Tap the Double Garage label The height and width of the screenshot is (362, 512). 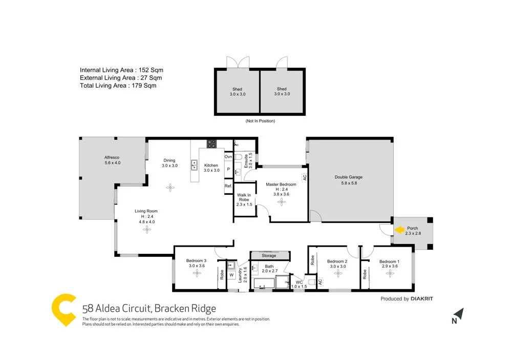click(349, 177)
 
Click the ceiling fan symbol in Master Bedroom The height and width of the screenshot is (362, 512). click(281, 202)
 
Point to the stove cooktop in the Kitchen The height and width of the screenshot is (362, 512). click(211, 144)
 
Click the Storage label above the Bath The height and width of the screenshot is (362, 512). click(269, 255)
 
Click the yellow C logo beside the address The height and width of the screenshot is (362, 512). click(65, 310)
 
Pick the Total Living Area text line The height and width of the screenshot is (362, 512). click(118, 86)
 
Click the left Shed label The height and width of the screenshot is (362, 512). click(237, 91)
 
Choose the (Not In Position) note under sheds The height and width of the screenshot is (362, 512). click(260, 121)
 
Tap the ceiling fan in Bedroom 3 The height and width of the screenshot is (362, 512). click(197, 273)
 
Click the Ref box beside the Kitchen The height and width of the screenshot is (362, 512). click(228, 186)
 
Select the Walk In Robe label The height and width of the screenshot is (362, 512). click(244, 199)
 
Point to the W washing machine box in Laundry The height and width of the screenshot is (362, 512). click(231, 275)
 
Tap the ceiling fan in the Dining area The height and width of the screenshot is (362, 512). click(170, 188)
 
